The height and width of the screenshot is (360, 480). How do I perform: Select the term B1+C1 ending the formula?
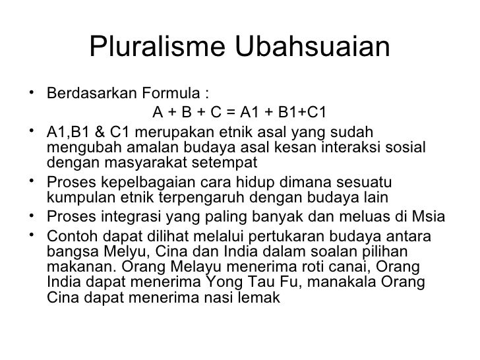(304, 110)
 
